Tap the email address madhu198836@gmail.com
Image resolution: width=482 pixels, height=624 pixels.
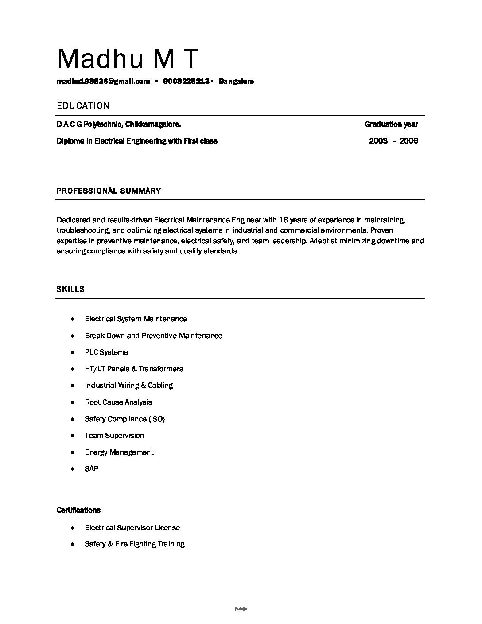pyautogui.click(x=103, y=81)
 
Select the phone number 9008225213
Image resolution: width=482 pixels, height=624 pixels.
pyautogui.click(x=186, y=81)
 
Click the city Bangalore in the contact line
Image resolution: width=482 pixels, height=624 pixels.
pyautogui.click(x=236, y=81)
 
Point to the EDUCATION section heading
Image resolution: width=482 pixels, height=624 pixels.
pyautogui.click(x=83, y=105)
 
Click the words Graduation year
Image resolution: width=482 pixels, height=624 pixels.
pyautogui.click(x=391, y=124)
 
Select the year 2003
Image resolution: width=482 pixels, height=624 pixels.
pyautogui.click(x=378, y=141)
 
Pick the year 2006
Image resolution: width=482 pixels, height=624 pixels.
pyautogui.click(x=408, y=141)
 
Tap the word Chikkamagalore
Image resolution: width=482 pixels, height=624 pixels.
pyautogui.click(x=153, y=124)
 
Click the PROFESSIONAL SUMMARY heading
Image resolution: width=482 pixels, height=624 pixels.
pyautogui.click(x=109, y=191)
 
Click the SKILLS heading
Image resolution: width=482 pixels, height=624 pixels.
pyautogui.click(x=70, y=289)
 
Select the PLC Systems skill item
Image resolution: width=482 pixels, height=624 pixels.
pyautogui.click(x=106, y=352)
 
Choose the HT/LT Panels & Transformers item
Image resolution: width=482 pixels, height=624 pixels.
pyautogui.click(x=134, y=369)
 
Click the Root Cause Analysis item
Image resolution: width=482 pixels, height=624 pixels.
pyautogui.click(x=118, y=402)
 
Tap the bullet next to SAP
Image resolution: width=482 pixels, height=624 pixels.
pyautogui.click(x=72, y=469)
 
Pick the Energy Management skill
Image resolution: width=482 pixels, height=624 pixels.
pyautogui.click(x=119, y=452)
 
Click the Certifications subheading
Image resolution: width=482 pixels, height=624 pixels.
pyautogui.click(x=78, y=510)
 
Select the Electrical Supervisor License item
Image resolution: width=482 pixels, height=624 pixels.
pyautogui.click(x=132, y=527)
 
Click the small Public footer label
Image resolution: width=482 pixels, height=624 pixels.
pyautogui.click(x=241, y=608)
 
